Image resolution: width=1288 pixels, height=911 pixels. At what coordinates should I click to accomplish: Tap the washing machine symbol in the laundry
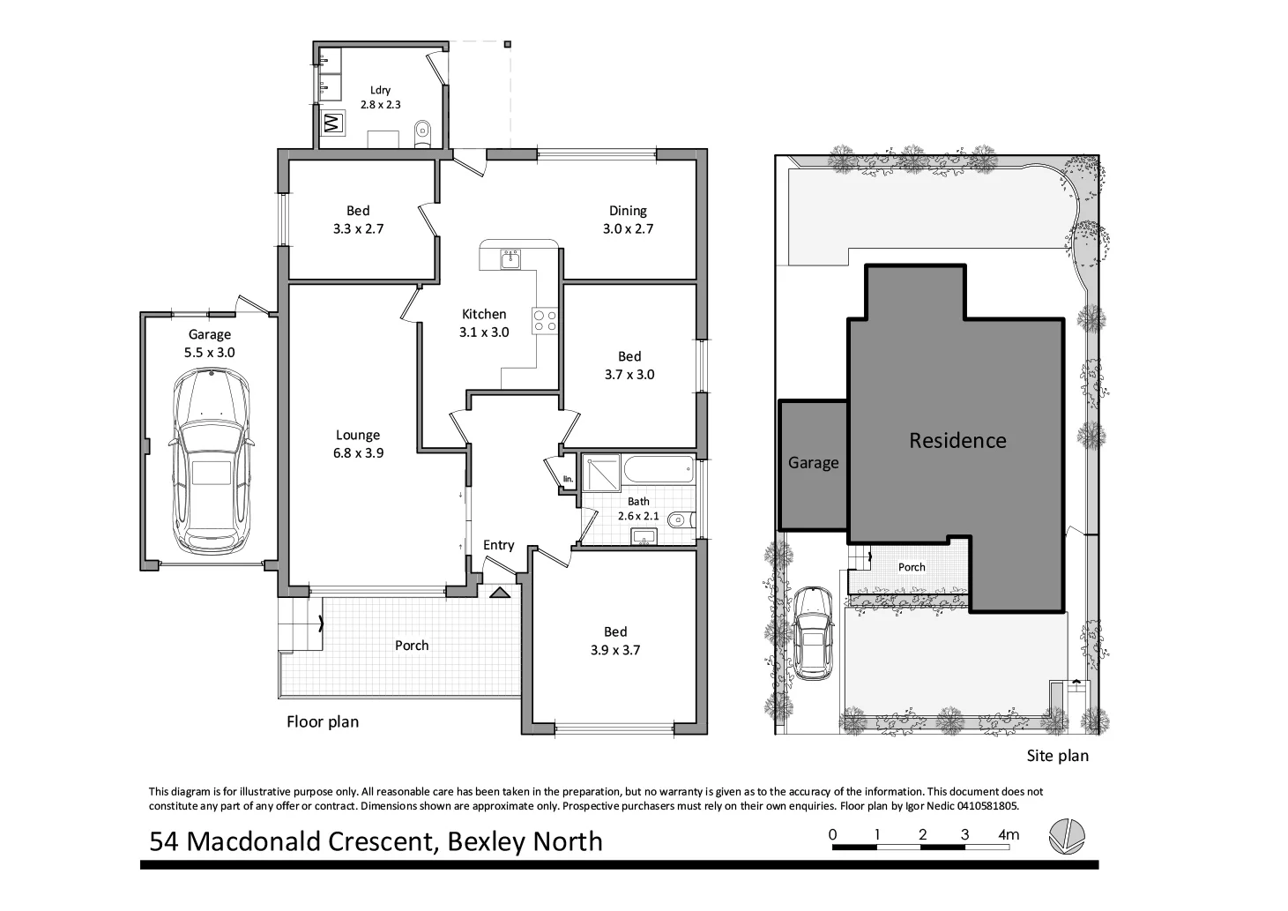point(332,123)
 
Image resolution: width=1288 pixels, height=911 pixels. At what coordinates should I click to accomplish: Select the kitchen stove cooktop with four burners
point(544,320)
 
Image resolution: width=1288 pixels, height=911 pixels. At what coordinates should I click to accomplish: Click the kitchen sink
point(510,258)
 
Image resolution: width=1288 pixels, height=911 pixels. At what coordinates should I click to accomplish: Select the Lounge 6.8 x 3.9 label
point(357,444)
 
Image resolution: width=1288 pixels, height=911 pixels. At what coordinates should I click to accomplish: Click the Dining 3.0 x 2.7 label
point(628,220)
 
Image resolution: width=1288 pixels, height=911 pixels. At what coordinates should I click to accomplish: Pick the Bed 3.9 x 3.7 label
point(615,641)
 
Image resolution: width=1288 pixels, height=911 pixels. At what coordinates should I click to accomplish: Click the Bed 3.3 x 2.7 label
point(358,220)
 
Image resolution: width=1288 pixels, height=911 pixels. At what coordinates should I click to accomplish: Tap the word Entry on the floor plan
point(498,545)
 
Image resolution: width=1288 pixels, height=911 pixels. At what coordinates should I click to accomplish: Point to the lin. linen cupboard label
point(568,479)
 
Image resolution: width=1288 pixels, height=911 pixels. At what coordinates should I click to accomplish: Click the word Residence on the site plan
point(957,440)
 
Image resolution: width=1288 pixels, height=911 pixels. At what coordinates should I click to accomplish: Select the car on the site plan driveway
point(813,633)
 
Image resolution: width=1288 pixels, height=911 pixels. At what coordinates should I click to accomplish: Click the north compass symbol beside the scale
point(1067,836)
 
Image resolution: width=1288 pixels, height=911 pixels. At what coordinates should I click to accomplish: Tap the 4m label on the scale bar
point(1009,834)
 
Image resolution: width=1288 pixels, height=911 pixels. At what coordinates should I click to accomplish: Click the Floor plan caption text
point(323,721)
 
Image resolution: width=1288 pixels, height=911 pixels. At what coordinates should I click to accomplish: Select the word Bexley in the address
point(488,841)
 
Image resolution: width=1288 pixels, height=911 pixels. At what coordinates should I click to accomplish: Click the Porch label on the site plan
point(912,567)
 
